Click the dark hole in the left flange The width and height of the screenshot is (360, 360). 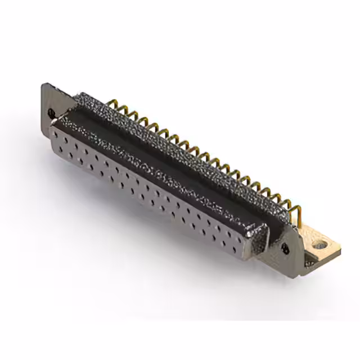coord(52,113)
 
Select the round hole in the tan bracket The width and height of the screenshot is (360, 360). coord(321,245)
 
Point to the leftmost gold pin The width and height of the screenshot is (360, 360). coord(109,105)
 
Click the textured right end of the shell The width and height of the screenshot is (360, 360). coord(256,238)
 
